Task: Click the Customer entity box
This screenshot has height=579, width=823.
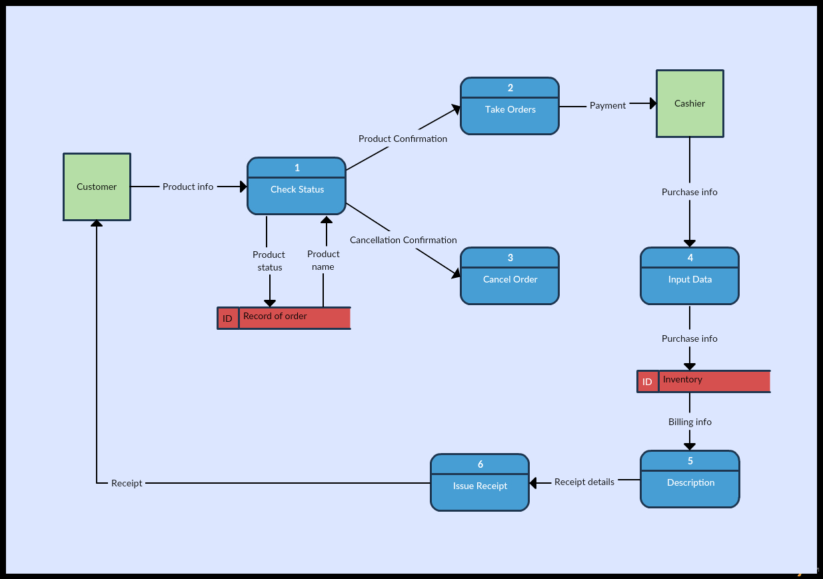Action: [97, 187]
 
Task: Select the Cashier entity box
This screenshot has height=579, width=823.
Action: [690, 103]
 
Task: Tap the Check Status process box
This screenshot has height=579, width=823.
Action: [297, 186]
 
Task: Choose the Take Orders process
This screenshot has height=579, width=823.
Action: [510, 106]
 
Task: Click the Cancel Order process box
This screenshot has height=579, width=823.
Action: [510, 276]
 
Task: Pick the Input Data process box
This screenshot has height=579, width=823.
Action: [690, 276]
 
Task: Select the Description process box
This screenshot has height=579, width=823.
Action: [690, 479]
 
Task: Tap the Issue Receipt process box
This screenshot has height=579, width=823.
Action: [480, 482]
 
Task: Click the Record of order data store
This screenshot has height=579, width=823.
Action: [284, 318]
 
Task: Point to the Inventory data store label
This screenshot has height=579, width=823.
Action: [682, 379]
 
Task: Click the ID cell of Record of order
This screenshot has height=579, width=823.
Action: [228, 318]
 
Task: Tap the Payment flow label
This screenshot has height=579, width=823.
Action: [608, 105]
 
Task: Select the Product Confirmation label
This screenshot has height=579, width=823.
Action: [403, 139]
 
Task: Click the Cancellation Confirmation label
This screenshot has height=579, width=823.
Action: [403, 240]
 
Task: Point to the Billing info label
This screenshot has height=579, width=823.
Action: [690, 422]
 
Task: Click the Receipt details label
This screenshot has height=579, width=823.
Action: [584, 482]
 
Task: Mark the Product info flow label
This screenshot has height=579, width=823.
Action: [188, 187]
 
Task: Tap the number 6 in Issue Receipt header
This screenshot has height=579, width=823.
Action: [480, 464]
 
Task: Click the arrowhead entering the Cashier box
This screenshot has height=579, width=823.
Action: [653, 103]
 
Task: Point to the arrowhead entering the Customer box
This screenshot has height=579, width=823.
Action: [97, 223]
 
